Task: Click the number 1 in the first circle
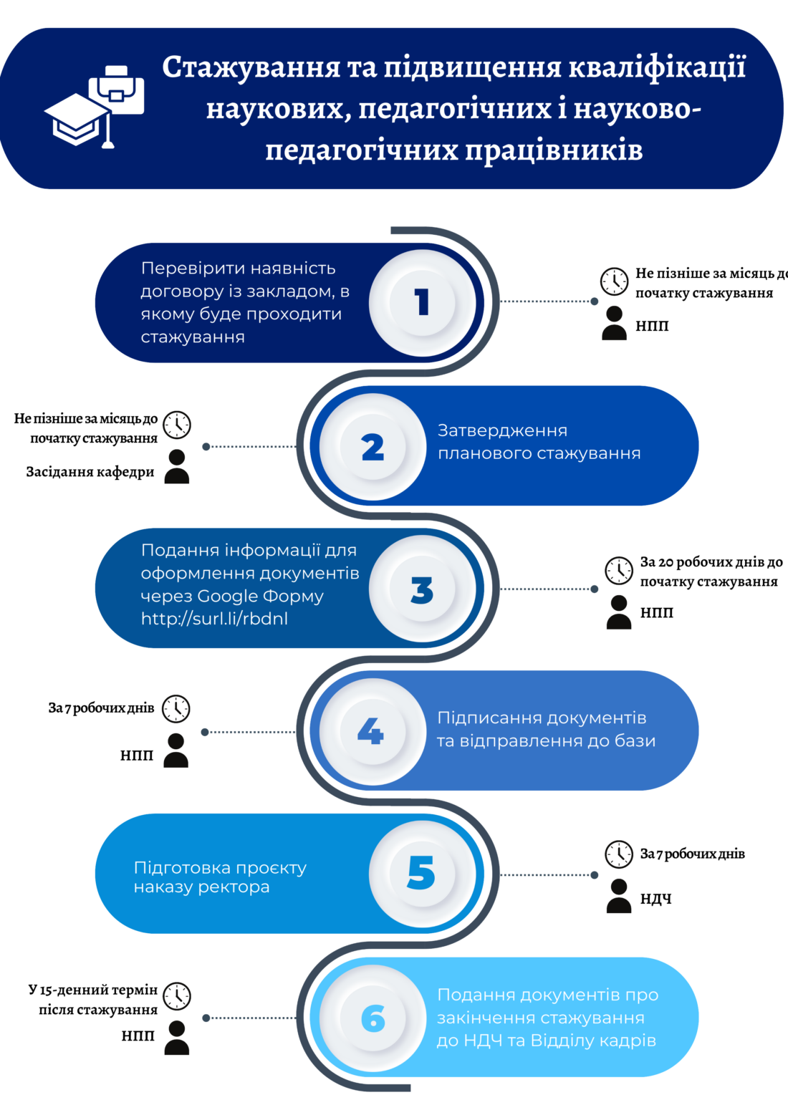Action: point(422,301)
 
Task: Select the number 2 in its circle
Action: point(373,447)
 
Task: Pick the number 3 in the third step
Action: point(422,590)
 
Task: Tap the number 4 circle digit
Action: point(370,731)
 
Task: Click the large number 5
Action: point(421,873)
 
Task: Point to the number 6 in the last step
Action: point(373,1018)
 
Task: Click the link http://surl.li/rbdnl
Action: point(214,618)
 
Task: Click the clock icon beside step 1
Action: point(614,281)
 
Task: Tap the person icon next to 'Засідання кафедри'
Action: point(177,466)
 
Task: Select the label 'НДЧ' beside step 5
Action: point(655,899)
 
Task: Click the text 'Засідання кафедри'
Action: point(90,472)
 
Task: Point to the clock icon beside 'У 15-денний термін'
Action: point(177,996)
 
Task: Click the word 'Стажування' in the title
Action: point(251,67)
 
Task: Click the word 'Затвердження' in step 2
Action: point(503,430)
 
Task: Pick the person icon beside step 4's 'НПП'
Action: point(176,751)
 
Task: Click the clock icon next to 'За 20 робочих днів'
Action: point(619,570)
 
